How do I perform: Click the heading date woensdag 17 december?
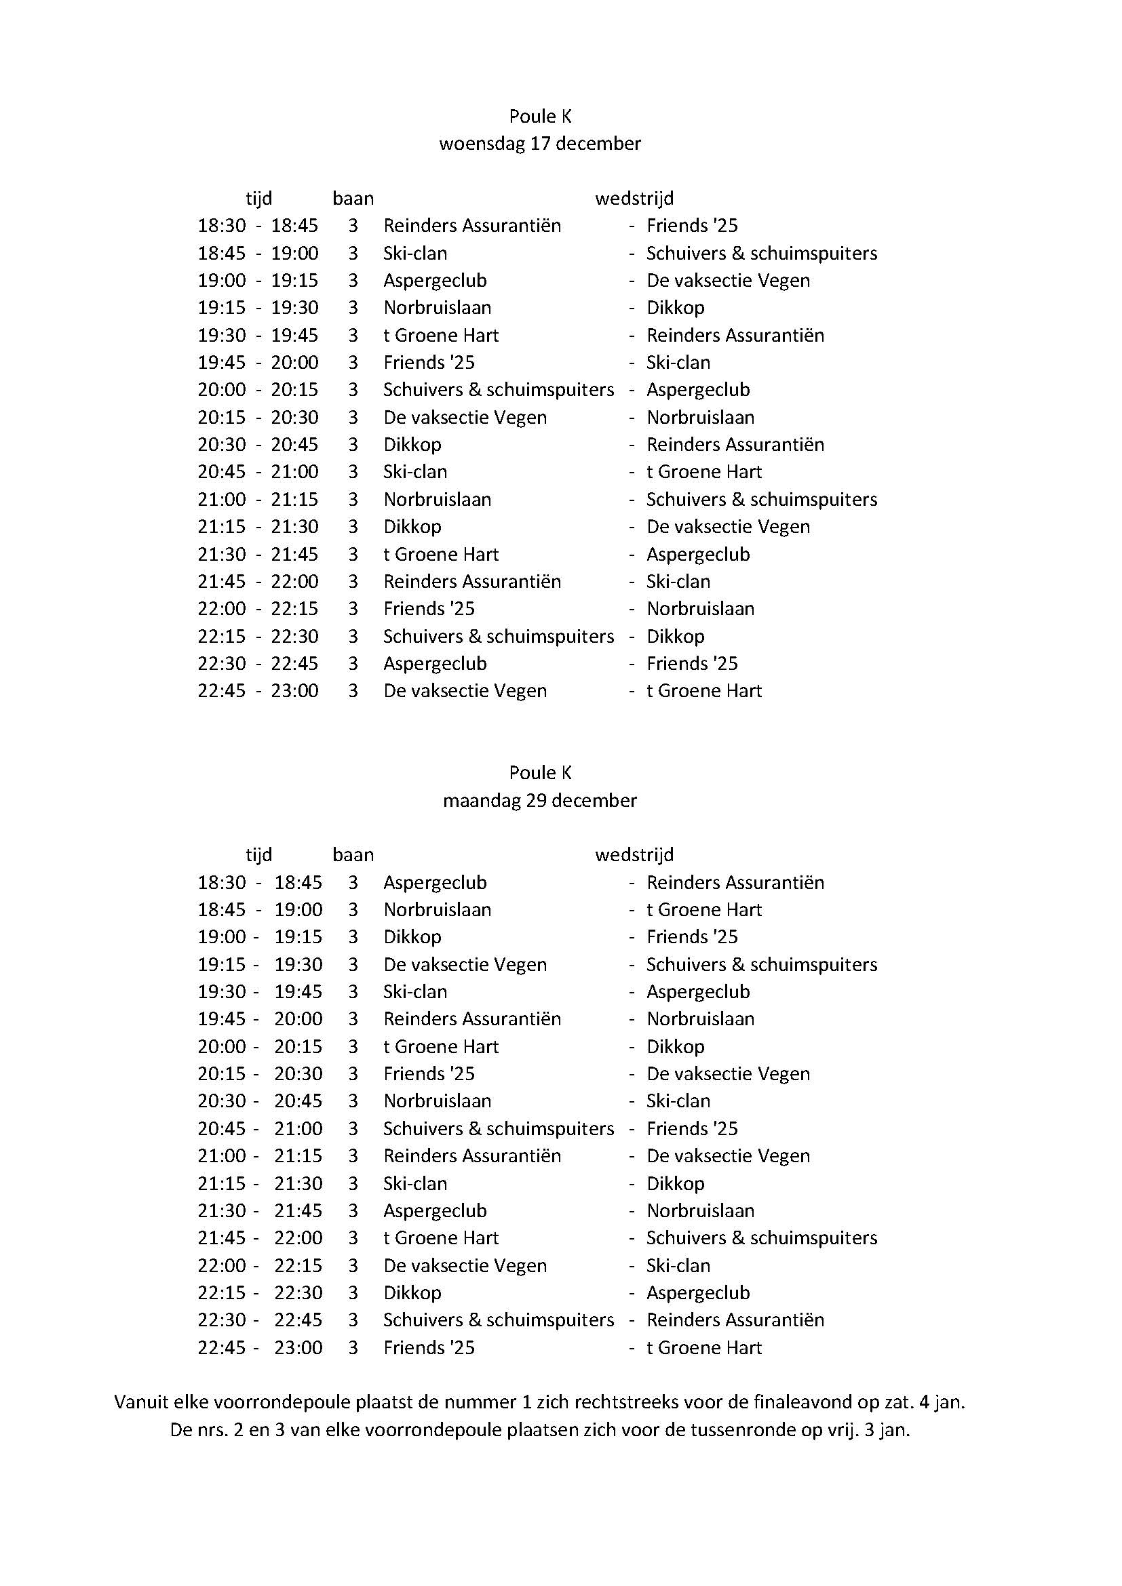pos(539,144)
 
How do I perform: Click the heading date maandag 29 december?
pos(539,800)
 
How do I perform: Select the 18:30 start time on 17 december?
pos(222,226)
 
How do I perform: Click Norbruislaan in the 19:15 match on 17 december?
pos(438,307)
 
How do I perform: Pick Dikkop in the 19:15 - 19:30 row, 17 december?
pos(675,307)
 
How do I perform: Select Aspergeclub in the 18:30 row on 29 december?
pos(435,882)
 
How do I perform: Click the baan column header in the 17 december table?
pos(353,199)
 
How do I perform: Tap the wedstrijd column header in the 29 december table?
pos(634,855)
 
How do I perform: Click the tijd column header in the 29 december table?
pos(259,855)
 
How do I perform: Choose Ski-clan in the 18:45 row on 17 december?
pos(415,253)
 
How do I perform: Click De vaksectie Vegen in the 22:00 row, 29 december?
pos(465,1265)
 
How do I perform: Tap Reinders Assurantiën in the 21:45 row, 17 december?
pos(472,582)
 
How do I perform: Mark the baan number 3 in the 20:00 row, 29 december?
pos(353,1046)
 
